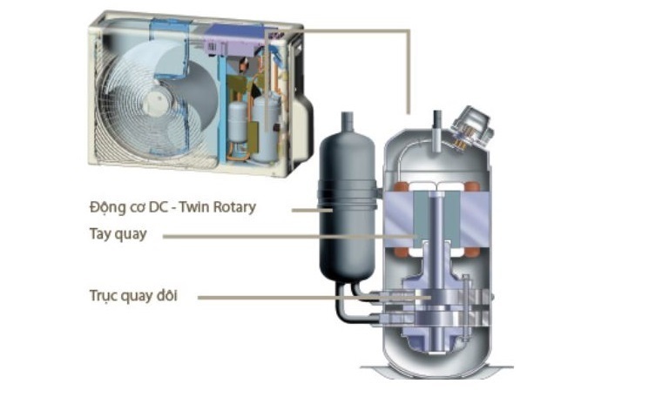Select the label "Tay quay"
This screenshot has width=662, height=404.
[x=118, y=235]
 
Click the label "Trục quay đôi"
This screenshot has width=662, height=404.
[x=132, y=296]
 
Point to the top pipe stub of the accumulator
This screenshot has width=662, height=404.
[x=345, y=121]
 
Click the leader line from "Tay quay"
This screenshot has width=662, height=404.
[x=287, y=236]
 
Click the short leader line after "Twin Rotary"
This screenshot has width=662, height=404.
[x=309, y=210]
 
